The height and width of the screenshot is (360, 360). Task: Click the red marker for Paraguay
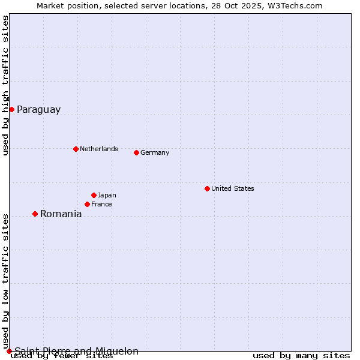point(11,109)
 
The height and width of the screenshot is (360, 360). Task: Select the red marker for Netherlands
point(76,149)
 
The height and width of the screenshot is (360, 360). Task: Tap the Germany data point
point(136,152)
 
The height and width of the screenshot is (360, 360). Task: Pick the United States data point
point(207,188)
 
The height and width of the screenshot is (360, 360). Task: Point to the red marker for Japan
point(94,195)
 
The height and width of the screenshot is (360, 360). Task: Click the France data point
point(87,204)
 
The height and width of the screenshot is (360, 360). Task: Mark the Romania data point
point(35,214)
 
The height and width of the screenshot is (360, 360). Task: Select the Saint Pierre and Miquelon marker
point(9,351)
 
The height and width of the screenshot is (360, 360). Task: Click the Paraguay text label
point(38,109)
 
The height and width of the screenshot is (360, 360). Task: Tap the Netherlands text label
point(98,149)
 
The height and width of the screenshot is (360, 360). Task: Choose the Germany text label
point(155,152)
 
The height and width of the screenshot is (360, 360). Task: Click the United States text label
point(232,188)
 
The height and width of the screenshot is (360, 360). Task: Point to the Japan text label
point(107,195)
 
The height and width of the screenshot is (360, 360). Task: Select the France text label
point(101,204)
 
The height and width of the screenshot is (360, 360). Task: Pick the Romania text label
point(61,214)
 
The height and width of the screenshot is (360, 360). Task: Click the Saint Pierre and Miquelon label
point(76,351)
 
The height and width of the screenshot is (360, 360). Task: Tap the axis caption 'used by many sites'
point(301,356)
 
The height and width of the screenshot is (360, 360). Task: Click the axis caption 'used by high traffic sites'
point(5,85)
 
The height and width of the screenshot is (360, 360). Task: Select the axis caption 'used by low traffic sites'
point(5,281)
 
